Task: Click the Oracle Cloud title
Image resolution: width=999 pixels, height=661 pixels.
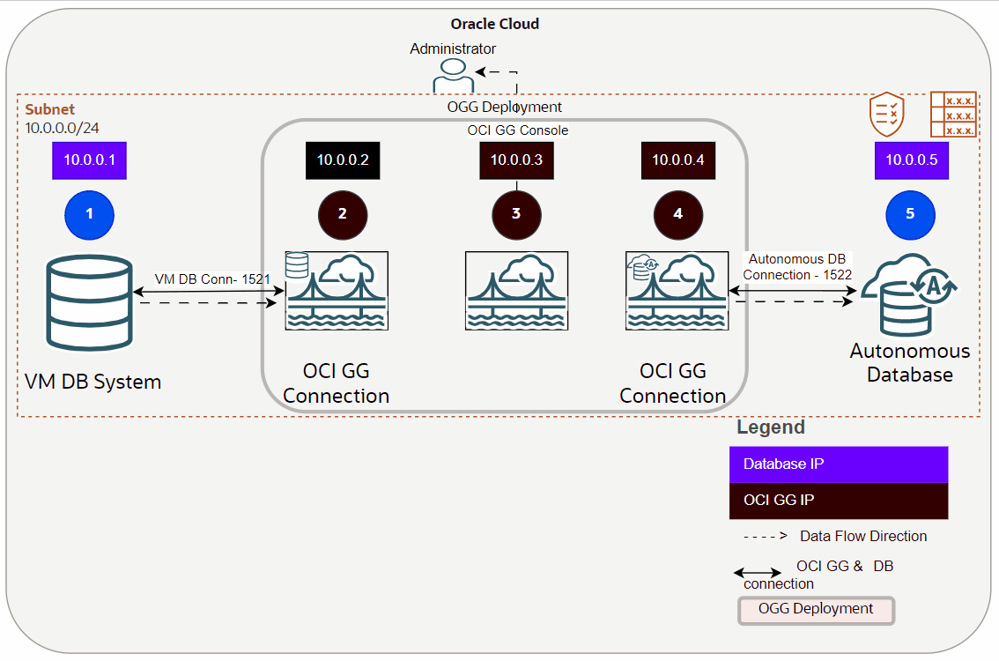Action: click(x=494, y=24)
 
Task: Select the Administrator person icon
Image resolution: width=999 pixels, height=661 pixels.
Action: click(x=453, y=77)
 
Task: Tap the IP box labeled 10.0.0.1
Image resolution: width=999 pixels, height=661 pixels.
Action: click(x=89, y=161)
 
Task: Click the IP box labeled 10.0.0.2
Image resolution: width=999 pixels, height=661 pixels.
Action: click(x=342, y=160)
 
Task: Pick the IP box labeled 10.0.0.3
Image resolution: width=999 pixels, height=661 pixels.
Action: click(x=516, y=160)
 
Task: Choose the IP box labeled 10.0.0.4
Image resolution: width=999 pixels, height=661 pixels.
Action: click(x=677, y=160)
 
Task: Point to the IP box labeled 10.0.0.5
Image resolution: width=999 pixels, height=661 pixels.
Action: click(x=911, y=160)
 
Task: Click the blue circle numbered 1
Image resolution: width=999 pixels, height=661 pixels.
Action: click(x=89, y=213)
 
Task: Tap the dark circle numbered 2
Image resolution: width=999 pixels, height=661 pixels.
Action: click(x=342, y=213)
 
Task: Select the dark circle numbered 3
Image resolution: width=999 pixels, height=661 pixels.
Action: click(x=516, y=213)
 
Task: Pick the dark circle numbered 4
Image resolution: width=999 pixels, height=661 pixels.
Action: click(x=677, y=213)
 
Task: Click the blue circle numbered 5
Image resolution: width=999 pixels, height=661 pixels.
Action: click(x=910, y=213)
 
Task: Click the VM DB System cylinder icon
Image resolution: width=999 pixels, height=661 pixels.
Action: click(x=89, y=301)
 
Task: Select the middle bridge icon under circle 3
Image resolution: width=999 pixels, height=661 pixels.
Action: click(x=516, y=291)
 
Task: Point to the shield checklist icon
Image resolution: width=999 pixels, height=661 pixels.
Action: click(x=886, y=115)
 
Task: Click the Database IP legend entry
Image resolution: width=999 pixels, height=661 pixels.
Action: click(x=838, y=464)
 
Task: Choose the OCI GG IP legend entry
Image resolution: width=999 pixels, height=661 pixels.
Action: click(x=838, y=500)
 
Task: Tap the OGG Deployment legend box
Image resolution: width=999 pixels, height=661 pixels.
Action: click(x=815, y=610)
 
